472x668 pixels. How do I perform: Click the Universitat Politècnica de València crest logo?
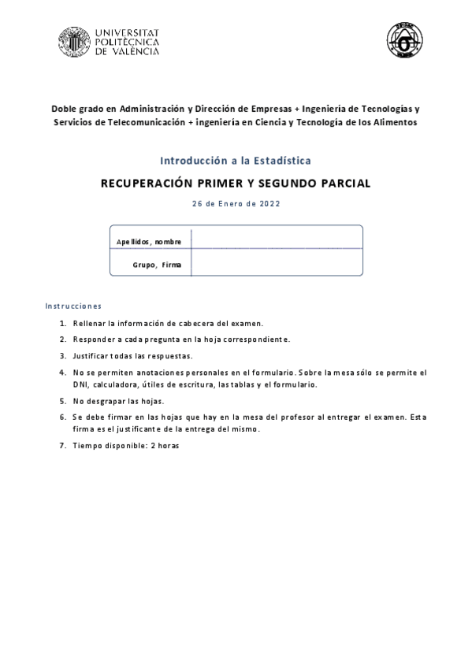coord(74,42)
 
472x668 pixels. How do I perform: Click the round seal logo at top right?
coord(403,39)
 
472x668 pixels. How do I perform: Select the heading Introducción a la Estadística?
coord(236,160)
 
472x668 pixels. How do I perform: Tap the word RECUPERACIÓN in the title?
coord(147,184)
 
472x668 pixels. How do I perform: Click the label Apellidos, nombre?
coord(149,241)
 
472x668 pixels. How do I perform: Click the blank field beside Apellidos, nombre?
coord(277,238)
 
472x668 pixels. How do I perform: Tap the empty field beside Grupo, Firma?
coord(277,262)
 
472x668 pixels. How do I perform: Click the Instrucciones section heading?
coord(73,306)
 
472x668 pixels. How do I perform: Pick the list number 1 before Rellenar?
coord(62,324)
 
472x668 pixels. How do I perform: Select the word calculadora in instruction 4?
coord(117,385)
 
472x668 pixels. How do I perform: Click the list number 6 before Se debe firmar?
coord(62,417)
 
